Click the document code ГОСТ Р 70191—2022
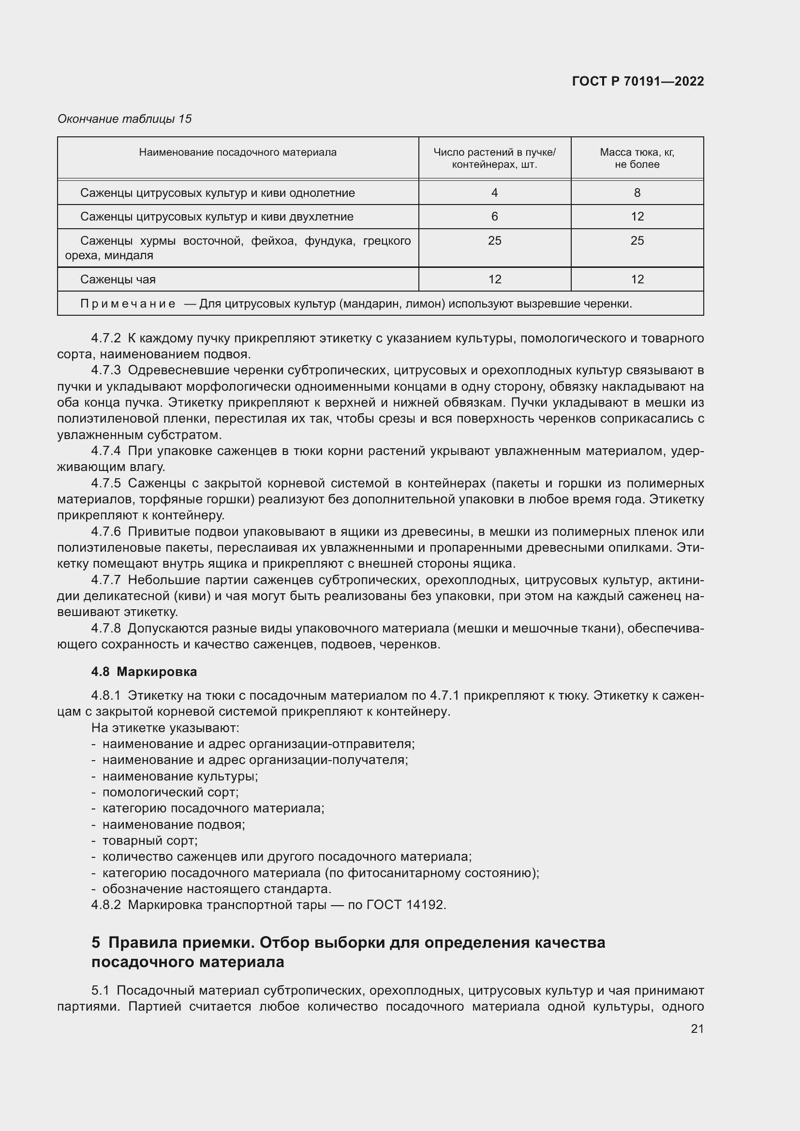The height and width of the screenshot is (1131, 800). [x=637, y=81]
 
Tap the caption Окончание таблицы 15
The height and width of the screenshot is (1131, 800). [x=125, y=119]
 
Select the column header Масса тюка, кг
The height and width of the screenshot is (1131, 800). [x=637, y=152]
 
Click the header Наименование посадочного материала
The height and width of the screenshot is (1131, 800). [x=237, y=152]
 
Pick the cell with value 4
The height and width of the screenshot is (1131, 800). [x=494, y=192]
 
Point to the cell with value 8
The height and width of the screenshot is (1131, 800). [x=637, y=192]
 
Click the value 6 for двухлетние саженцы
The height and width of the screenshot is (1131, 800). [x=494, y=217]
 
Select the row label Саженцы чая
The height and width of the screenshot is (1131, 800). [x=118, y=279]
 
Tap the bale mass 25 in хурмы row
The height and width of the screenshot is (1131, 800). [x=637, y=241]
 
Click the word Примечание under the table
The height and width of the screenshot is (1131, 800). [x=128, y=304]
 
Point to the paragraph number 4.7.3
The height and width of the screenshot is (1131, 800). [x=105, y=370]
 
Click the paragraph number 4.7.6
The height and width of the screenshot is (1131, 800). [x=105, y=531]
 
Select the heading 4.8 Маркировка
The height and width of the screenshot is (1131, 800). [x=144, y=672]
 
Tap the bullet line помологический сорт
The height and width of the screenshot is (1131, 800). [x=170, y=792]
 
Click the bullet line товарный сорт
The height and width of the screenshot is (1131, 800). [x=150, y=840]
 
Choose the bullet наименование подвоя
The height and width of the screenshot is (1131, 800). [x=174, y=824]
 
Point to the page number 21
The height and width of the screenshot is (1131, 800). [x=696, y=1028]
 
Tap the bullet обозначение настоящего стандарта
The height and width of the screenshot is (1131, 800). [x=216, y=889]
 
